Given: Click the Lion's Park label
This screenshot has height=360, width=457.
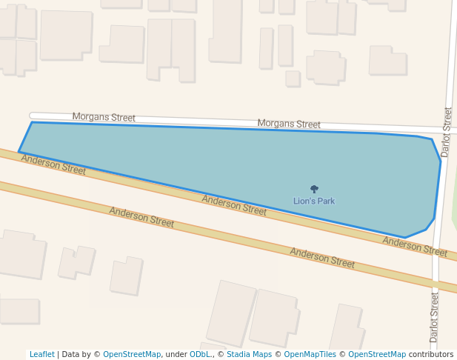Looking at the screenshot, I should tap(314, 201).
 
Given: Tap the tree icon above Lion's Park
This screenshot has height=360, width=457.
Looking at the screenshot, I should tap(314, 190).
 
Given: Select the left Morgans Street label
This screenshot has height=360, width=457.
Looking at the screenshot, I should tap(104, 117).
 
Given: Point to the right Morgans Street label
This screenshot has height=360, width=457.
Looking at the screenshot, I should tap(288, 124).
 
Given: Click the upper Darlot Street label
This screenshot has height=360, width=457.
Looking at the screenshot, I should tap(446, 132).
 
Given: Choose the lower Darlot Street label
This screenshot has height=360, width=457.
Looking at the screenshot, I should tap(435, 316).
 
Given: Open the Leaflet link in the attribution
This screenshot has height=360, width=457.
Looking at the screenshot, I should tap(41, 354).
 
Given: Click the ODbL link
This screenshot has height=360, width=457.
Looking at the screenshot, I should tap(200, 354).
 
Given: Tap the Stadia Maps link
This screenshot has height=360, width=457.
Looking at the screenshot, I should tap(249, 354).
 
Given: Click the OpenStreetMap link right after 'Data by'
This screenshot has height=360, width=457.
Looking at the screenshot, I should tap(132, 354).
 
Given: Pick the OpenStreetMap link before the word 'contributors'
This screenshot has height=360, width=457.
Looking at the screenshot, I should tap(377, 354).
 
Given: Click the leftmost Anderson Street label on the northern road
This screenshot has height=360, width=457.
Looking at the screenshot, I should tap(53, 164).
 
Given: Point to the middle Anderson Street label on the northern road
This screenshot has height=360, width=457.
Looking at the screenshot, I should tap(234, 205).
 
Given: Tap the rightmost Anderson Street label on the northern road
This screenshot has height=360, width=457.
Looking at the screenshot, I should tap(415, 247).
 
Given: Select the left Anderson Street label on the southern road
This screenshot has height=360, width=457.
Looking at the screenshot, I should tap(141, 217).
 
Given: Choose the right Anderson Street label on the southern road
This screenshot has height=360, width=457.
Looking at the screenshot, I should tap(322, 258).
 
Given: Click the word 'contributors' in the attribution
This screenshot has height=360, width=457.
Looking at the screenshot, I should tap(431, 354).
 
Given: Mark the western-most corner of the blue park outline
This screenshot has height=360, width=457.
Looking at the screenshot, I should tap(19, 152).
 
